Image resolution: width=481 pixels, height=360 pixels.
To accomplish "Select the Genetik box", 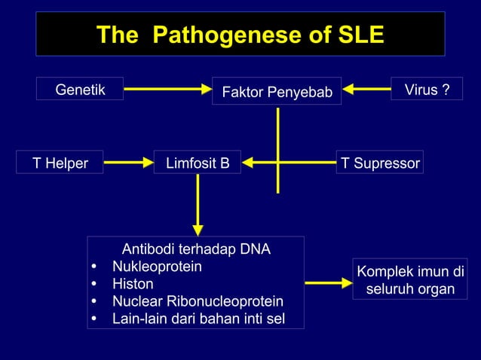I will [x=80, y=90].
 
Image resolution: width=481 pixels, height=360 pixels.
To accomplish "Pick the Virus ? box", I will [x=427, y=90].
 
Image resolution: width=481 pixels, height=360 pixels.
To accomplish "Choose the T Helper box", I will [x=60, y=163].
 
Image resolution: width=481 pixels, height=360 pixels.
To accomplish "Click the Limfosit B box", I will [x=198, y=163].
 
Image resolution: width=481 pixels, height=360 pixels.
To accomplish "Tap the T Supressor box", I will [x=379, y=163].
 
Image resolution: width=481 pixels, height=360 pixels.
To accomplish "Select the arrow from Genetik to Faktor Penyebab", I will [x=167, y=90].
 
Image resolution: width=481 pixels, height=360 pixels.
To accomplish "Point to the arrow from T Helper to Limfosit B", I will [x=127, y=161].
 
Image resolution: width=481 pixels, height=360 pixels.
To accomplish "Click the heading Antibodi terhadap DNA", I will [x=196, y=249].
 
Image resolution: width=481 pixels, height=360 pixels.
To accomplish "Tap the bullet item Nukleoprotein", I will [x=157, y=267].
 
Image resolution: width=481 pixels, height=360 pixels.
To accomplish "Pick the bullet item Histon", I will [x=133, y=284].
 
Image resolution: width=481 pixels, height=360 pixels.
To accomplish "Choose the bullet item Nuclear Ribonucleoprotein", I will [x=198, y=301].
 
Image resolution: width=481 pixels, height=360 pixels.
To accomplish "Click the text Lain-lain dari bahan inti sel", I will [x=198, y=319].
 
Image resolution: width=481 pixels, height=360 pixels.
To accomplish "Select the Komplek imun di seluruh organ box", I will [x=409, y=280].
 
